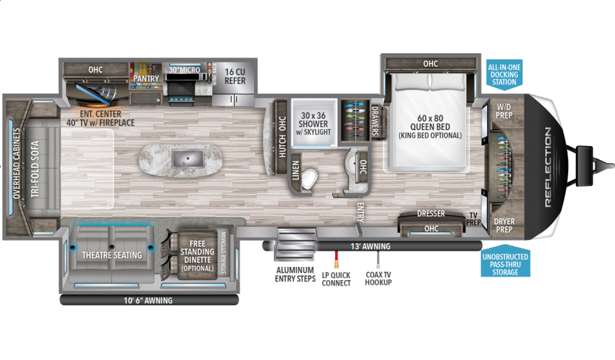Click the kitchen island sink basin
pyautogui.click(x=188, y=159)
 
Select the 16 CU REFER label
pyautogui.click(x=235, y=76)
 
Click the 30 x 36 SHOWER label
pyautogui.click(x=313, y=120)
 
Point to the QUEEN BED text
pyautogui.click(x=430, y=127)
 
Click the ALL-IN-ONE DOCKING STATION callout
pyautogui.click(x=504, y=75)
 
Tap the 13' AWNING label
pyautogui.click(x=371, y=246)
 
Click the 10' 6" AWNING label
pyautogui.click(x=148, y=301)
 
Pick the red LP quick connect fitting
pyautogui.click(x=336, y=259)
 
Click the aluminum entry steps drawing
pyautogui.click(x=295, y=244)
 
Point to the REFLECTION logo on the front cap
pyautogui.click(x=548, y=167)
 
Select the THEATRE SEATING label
pyautogui.click(x=112, y=255)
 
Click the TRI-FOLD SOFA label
pyautogui.click(x=35, y=169)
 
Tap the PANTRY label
pyautogui.click(x=146, y=78)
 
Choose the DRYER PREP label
pyautogui.click(x=504, y=225)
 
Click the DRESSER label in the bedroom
pyautogui.click(x=431, y=214)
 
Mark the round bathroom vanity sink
pyautogui.click(x=351, y=164)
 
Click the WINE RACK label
pyautogui.click(x=215, y=74)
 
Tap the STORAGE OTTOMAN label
pyautogui.click(x=223, y=252)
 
